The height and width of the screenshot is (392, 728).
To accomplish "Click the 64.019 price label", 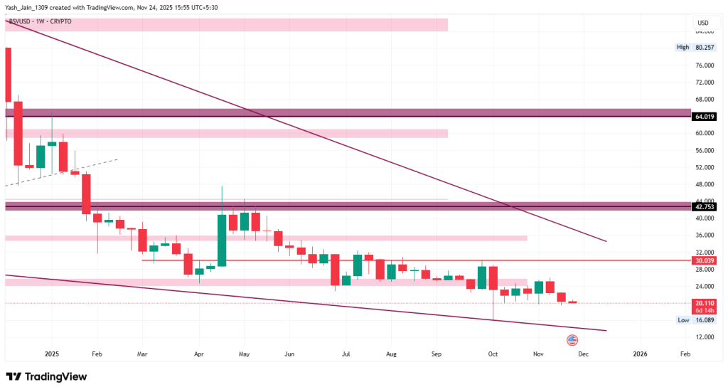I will pyautogui.click(x=705, y=116).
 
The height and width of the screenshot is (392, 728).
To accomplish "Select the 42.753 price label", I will pyautogui.click(x=705, y=207).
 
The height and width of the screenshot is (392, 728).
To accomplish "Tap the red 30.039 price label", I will pyautogui.click(x=705, y=260).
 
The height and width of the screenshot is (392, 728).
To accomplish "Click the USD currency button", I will pyautogui.click(x=703, y=23).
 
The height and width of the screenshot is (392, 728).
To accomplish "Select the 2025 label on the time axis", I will pyautogui.click(x=51, y=354).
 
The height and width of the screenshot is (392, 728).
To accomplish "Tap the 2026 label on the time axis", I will pyautogui.click(x=640, y=354).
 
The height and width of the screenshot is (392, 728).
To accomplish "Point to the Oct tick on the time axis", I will pyautogui.click(x=493, y=354).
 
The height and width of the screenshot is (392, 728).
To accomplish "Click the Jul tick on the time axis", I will pyautogui.click(x=346, y=354).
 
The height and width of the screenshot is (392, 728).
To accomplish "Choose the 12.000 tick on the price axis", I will pyautogui.click(x=704, y=337).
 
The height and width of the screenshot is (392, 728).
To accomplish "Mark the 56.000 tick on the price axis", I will pyautogui.click(x=704, y=150).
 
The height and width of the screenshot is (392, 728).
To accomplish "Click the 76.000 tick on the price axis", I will pyautogui.click(x=704, y=65).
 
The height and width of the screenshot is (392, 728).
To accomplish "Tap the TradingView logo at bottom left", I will pyautogui.click(x=46, y=376).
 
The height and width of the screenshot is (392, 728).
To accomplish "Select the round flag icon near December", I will pyautogui.click(x=572, y=340).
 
